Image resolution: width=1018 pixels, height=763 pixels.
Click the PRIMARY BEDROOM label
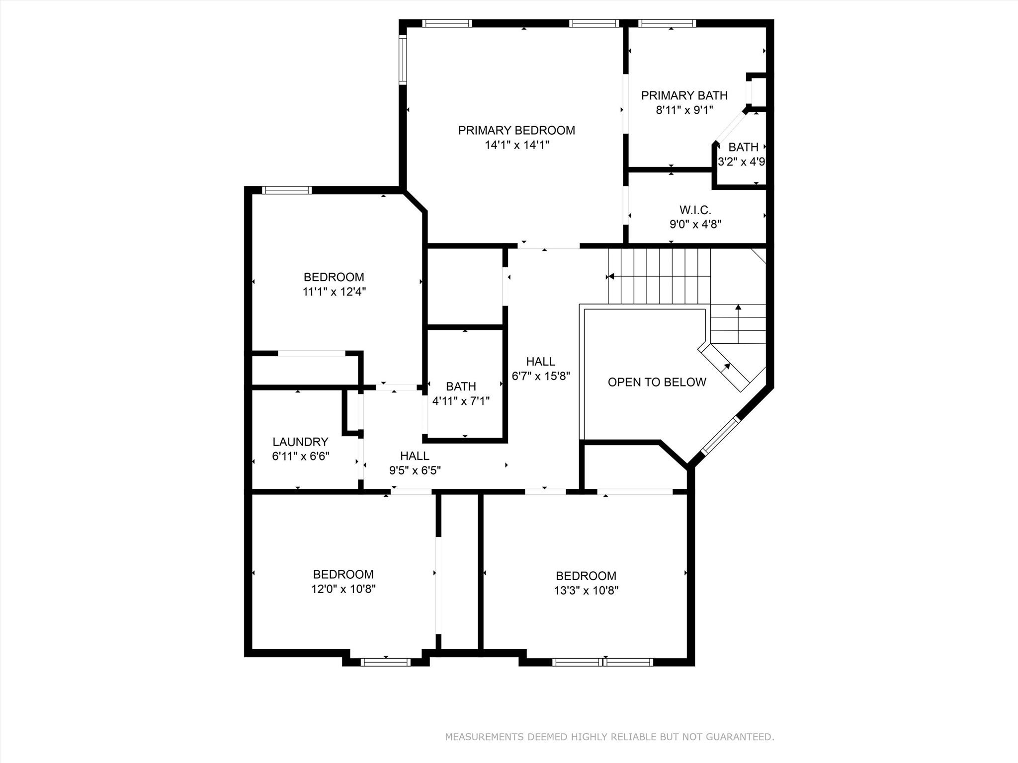coord(516,130)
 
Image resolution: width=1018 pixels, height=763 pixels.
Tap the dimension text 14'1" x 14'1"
coord(517,145)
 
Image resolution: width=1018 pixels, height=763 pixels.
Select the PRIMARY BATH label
coord(684,95)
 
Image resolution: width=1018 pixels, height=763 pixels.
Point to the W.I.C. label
coord(695,210)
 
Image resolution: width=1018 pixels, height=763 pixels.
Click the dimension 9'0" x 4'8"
coord(695,224)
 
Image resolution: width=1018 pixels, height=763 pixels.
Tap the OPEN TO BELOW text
coord(657,382)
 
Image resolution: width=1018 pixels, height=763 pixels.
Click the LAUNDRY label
coord(300,442)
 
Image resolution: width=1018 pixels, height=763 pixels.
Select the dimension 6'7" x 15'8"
coord(541,376)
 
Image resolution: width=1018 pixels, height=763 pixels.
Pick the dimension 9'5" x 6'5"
coord(415,470)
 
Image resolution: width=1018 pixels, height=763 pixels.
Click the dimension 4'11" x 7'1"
coord(461,401)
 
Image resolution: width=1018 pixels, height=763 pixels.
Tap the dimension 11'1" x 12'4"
coord(334,292)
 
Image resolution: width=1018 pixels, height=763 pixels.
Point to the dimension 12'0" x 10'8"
coord(343,589)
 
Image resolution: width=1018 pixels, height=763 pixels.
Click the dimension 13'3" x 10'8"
coord(586,591)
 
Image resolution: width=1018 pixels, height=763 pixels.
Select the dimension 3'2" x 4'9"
coord(742,162)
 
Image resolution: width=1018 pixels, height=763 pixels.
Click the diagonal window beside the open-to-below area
coord(721,435)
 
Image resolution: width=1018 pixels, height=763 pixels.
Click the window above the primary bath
coord(667,23)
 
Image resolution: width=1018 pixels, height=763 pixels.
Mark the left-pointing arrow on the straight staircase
coord(611,276)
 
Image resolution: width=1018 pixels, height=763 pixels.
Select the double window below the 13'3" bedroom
coord(602,662)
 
